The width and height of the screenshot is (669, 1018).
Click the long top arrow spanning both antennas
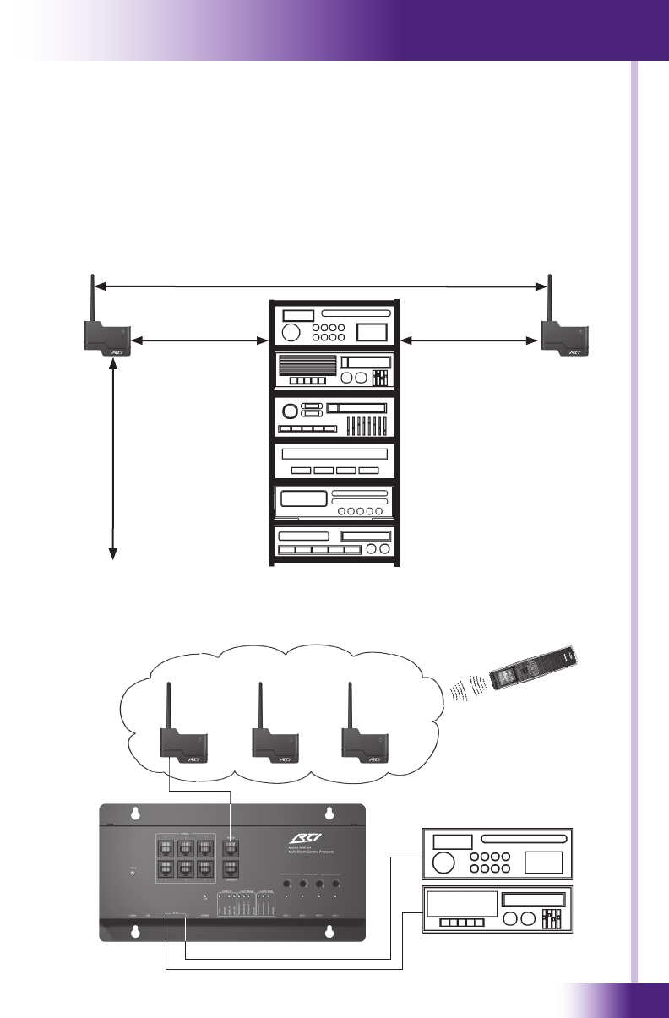(321, 286)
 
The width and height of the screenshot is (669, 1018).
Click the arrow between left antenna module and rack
(194, 341)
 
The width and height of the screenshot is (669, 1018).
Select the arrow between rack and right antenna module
(470, 341)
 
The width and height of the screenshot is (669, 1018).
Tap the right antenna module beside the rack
(563, 337)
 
